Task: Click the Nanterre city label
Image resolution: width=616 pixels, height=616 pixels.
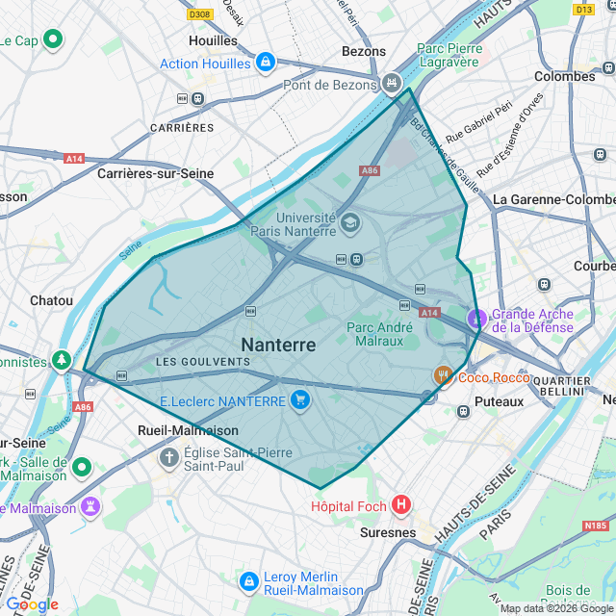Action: click(x=278, y=345)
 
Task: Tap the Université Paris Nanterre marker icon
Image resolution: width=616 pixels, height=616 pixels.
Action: click(x=349, y=222)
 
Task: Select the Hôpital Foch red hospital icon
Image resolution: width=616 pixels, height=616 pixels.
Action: click(x=401, y=504)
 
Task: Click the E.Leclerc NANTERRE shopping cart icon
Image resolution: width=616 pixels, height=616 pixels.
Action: click(x=300, y=400)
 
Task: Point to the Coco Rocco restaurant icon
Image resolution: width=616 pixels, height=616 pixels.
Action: click(x=443, y=376)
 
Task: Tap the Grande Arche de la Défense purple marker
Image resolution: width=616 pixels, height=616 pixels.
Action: click(x=476, y=318)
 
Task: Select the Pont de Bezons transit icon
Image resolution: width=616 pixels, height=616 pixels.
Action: click(x=391, y=84)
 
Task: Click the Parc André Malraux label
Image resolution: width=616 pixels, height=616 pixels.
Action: click(x=379, y=333)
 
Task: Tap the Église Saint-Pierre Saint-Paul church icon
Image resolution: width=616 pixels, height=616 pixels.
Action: click(x=169, y=456)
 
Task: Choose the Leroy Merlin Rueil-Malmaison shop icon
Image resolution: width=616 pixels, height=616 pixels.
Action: click(x=249, y=581)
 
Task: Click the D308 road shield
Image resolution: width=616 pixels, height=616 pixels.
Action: click(x=199, y=14)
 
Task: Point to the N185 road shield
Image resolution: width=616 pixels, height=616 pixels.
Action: click(x=596, y=526)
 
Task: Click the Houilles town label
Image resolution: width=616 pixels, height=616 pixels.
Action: click(x=213, y=40)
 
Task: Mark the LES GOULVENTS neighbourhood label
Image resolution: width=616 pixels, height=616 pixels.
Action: click(x=202, y=361)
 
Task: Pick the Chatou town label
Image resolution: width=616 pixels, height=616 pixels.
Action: click(x=51, y=300)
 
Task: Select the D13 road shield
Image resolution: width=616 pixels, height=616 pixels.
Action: click(x=583, y=9)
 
